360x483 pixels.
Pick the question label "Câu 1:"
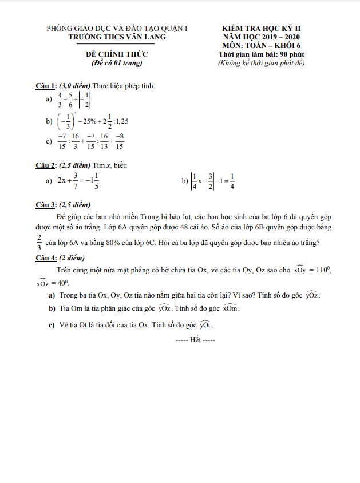coord(46,86)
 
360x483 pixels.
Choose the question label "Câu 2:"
coord(46,166)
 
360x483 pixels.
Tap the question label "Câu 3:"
coord(46,204)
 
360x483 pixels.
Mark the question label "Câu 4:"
coord(46,258)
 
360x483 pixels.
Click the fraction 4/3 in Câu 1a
coord(60,100)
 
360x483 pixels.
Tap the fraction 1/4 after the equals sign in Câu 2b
coord(232,181)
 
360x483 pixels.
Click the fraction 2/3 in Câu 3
coord(39,242)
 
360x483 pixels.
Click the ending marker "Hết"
coord(195,339)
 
